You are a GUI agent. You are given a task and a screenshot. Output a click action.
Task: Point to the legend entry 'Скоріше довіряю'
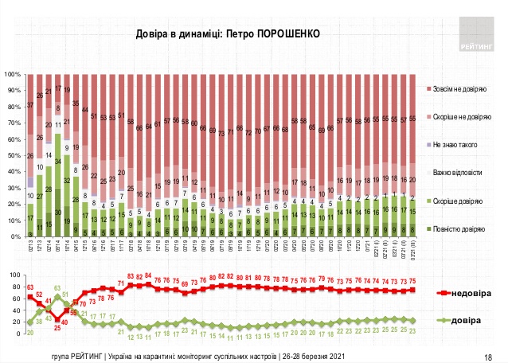[x=460, y=202]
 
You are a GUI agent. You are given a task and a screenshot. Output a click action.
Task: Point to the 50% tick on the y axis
[x=14, y=155]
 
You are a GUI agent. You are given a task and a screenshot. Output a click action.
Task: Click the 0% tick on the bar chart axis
[x=16, y=236]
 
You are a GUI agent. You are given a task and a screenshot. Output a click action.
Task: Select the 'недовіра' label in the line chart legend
[x=475, y=293]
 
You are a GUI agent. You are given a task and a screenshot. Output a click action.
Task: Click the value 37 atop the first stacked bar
[x=30, y=105]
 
